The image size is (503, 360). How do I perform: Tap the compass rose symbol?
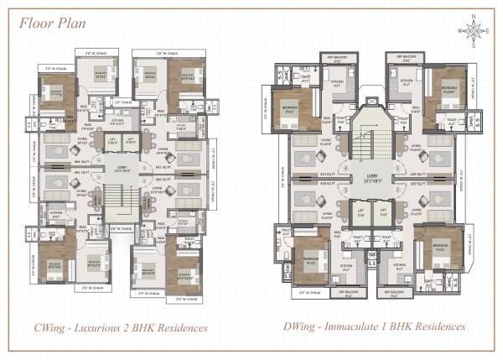475,32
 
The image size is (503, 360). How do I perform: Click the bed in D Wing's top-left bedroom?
293,107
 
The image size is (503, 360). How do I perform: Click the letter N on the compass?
475,17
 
